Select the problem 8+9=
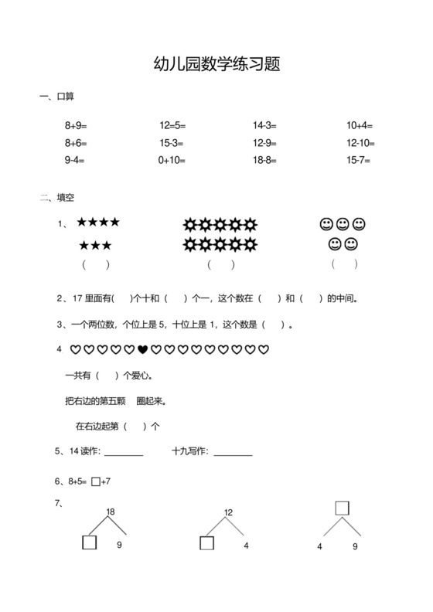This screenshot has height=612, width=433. tap(76, 125)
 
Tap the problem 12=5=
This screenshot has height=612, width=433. tap(172, 125)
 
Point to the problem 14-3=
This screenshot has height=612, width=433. tap(264, 125)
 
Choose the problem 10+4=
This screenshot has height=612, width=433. tap(360, 125)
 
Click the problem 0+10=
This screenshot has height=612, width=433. tap(172, 161)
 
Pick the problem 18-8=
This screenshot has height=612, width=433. tap(264, 161)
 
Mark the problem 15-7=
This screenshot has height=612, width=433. tap(359, 161)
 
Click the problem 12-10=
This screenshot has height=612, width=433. tap(360, 143)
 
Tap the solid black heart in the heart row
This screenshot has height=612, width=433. tap(142, 350)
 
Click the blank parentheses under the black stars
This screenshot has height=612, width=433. tap(96, 265)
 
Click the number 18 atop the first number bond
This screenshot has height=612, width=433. tap(111, 512)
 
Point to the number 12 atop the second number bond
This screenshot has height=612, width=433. tap(228, 512)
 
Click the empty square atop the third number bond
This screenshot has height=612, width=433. tap(342, 508)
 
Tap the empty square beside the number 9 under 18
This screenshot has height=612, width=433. tap(89, 543)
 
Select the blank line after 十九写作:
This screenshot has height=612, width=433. tap(234, 453)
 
